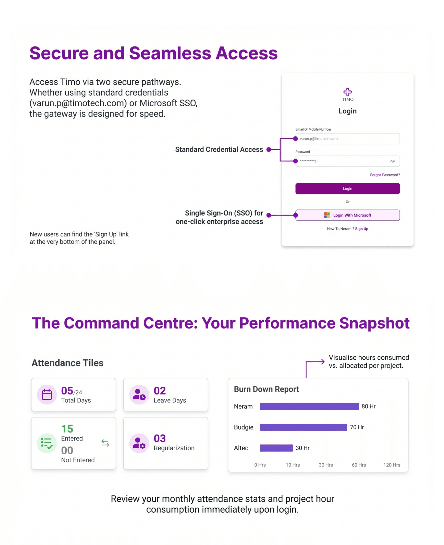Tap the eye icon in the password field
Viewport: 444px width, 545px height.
point(393,161)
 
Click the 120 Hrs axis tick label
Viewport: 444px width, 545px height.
point(392,465)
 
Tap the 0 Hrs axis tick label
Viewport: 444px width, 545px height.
point(260,465)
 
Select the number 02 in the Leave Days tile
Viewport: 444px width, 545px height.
point(160,391)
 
